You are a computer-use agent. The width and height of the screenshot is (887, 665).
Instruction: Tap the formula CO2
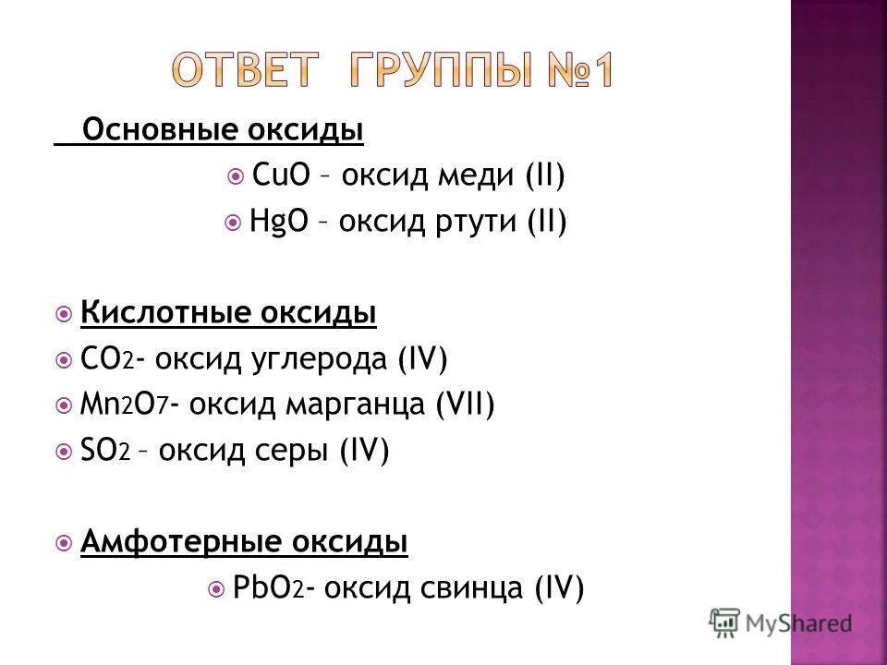pos(107,358)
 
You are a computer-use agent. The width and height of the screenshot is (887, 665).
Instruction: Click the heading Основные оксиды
pos(223,131)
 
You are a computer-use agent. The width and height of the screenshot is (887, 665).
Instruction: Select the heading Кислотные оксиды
pos(228,313)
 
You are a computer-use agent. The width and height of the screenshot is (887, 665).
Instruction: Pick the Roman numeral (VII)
pos(467,405)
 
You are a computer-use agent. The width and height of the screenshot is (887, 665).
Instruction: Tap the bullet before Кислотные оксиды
pos(64,314)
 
